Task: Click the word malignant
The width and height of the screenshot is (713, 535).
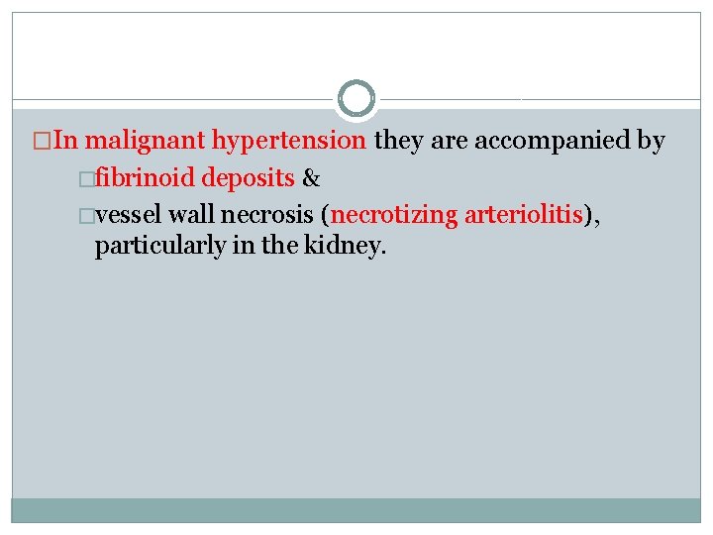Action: [x=147, y=141]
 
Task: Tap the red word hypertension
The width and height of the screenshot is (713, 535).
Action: [x=289, y=141]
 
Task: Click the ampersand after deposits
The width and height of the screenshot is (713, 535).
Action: [x=310, y=178]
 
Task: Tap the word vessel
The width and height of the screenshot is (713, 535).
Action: [x=129, y=214]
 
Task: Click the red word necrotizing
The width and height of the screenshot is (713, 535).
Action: [x=395, y=214]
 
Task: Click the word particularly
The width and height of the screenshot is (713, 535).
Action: [x=158, y=247]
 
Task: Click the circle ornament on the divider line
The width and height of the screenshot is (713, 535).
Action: [x=356, y=98]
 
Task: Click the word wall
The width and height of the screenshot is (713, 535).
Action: [x=197, y=214]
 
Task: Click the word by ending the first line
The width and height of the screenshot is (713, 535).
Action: [x=651, y=141]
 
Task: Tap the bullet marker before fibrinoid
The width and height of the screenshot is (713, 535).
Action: [x=89, y=179]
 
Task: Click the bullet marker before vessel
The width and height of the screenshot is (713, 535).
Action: [x=89, y=215]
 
